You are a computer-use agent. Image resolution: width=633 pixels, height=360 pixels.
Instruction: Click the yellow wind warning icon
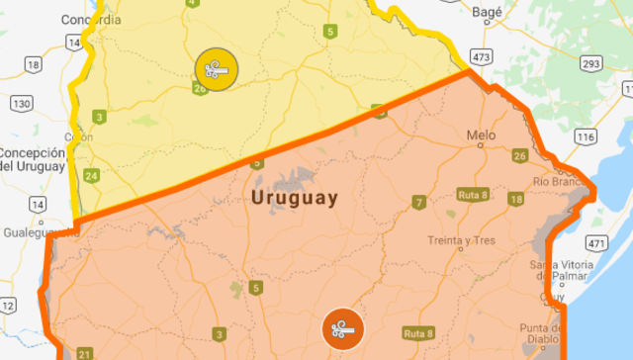[x=216, y=68]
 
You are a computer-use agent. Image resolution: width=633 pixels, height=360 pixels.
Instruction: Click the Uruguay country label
[x=295, y=198]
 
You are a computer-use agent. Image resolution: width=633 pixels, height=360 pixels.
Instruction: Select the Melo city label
[x=482, y=135]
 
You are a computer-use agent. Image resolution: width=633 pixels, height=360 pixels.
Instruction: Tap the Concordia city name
[x=90, y=19]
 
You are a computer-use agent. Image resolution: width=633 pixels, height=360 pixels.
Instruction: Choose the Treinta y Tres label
[x=461, y=240]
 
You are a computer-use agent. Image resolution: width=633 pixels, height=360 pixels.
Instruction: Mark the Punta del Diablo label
[x=545, y=336]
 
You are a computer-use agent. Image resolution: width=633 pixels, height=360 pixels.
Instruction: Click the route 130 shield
[x=23, y=104]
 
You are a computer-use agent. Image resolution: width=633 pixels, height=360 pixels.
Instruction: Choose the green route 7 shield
[x=419, y=203]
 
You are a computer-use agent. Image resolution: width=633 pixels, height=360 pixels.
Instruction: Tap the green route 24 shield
[x=92, y=176]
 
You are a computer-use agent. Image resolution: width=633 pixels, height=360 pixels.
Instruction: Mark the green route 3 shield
[x=99, y=117]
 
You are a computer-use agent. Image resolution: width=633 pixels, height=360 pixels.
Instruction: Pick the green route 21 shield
[x=84, y=354]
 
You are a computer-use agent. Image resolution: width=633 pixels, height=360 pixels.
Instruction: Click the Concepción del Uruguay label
[x=33, y=159]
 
